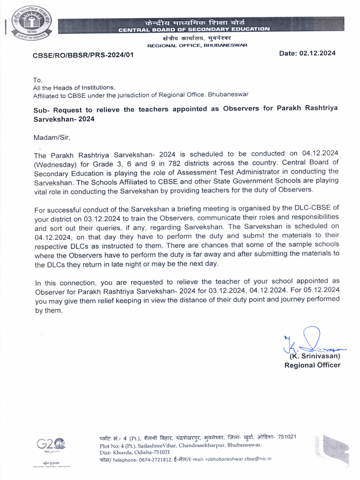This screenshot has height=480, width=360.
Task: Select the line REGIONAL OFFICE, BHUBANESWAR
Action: point(197,45)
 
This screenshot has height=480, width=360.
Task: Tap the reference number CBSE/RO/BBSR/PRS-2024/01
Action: point(83,55)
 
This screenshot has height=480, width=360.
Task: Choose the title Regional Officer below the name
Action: point(312,365)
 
